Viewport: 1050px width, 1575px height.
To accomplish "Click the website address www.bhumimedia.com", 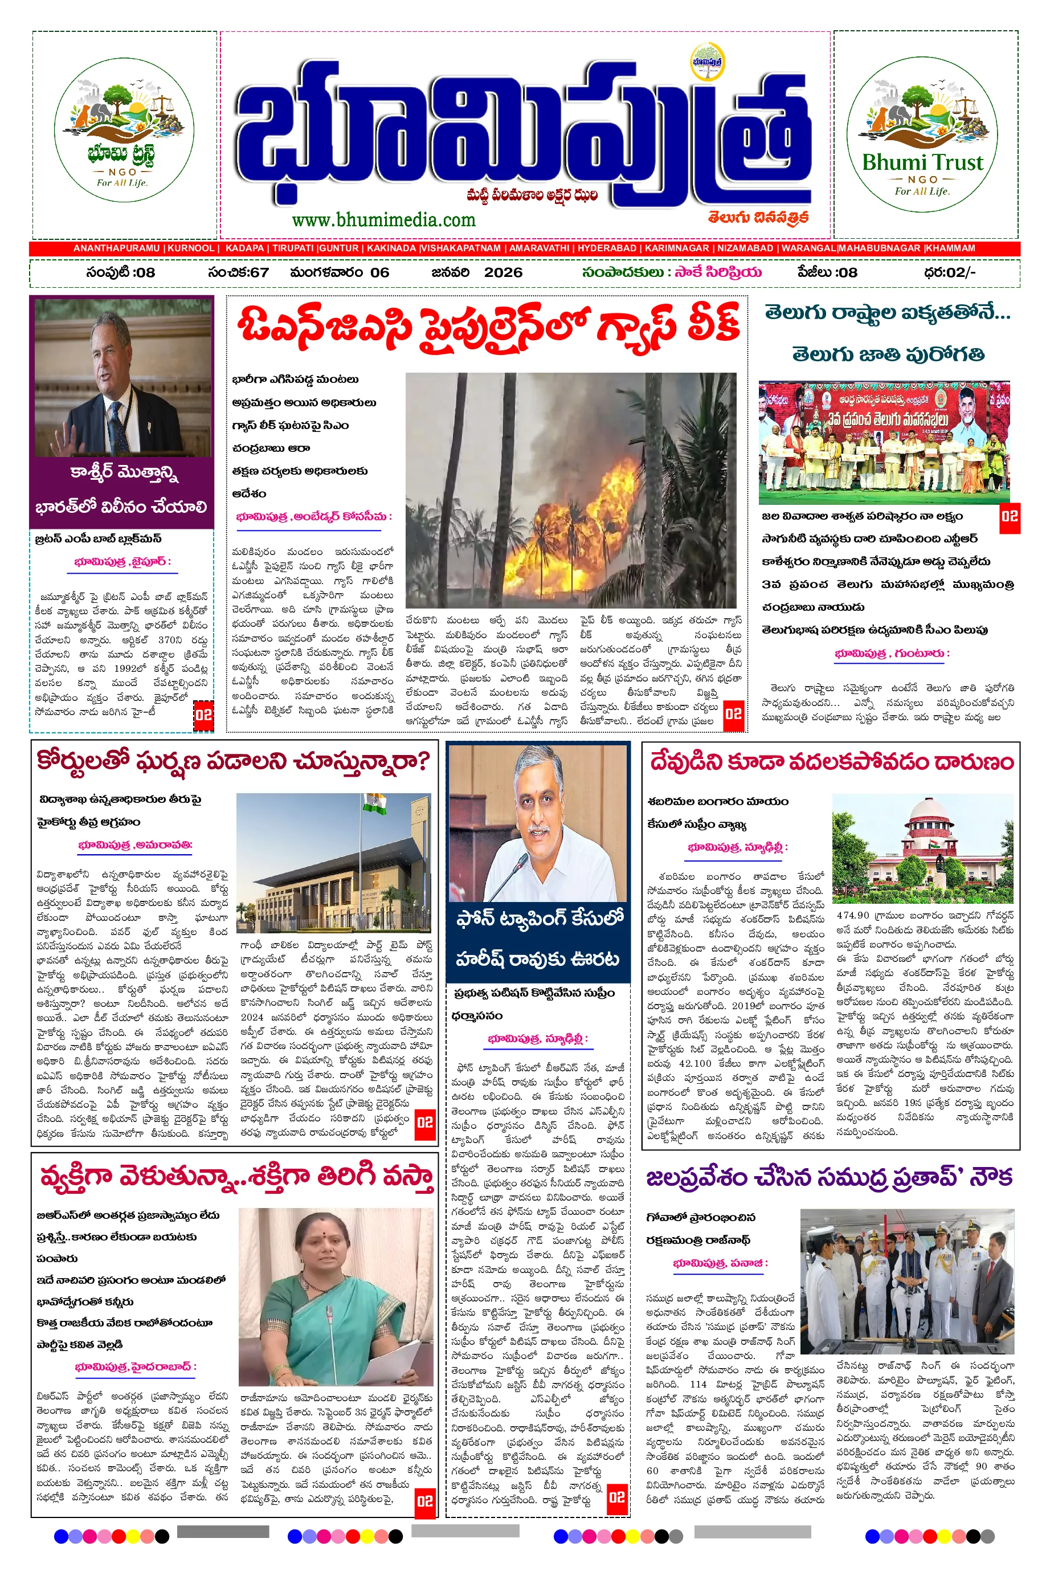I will [383, 219].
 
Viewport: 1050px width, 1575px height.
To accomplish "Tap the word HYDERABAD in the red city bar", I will [607, 248].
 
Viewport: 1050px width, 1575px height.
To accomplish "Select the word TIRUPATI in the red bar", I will [292, 248].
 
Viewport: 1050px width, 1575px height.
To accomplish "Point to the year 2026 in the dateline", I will [503, 272].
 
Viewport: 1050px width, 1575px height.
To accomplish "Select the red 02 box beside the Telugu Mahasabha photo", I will [1009, 516].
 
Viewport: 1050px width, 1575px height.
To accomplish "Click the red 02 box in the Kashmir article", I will [203, 715].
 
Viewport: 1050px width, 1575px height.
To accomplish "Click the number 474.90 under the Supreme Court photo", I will [852, 915].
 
